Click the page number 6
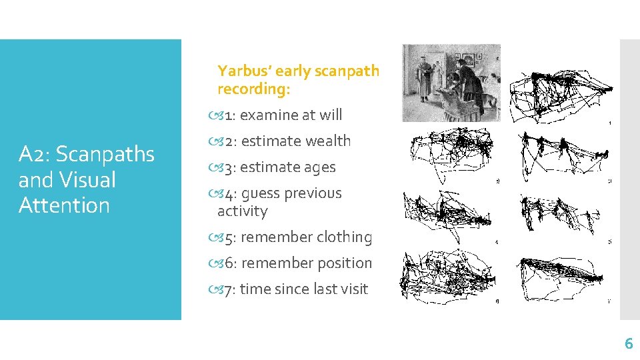[628, 344]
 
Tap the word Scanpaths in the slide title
[105, 154]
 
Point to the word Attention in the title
[64, 205]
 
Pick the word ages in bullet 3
[319, 167]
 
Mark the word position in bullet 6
[343, 263]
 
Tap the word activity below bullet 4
[242, 211]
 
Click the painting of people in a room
[451, 83]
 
